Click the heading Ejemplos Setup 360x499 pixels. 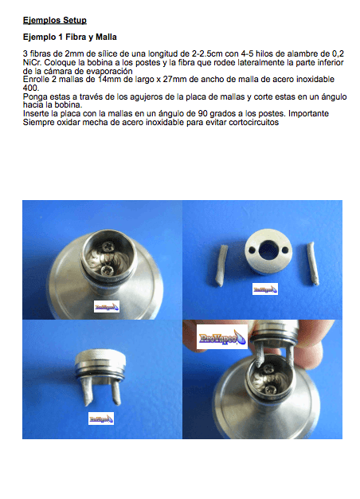(x=55, y=21)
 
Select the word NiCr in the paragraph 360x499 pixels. (x=32, y=62)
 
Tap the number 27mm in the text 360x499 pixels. (x=174, y=79)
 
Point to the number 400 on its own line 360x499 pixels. (x=30, y=88)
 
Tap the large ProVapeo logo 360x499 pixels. (x=222, y=337)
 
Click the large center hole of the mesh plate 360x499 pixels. (x=268, y=250)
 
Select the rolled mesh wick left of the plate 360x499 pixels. (x=221, y=265)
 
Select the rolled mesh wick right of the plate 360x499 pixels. (x=312, y=263)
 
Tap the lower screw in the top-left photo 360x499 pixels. (x=106, y=271)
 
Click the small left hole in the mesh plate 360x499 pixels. (x=252, y=250)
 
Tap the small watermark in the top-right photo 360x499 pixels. (x=265, y=289)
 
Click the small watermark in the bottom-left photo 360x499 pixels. (x=101, y=418)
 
